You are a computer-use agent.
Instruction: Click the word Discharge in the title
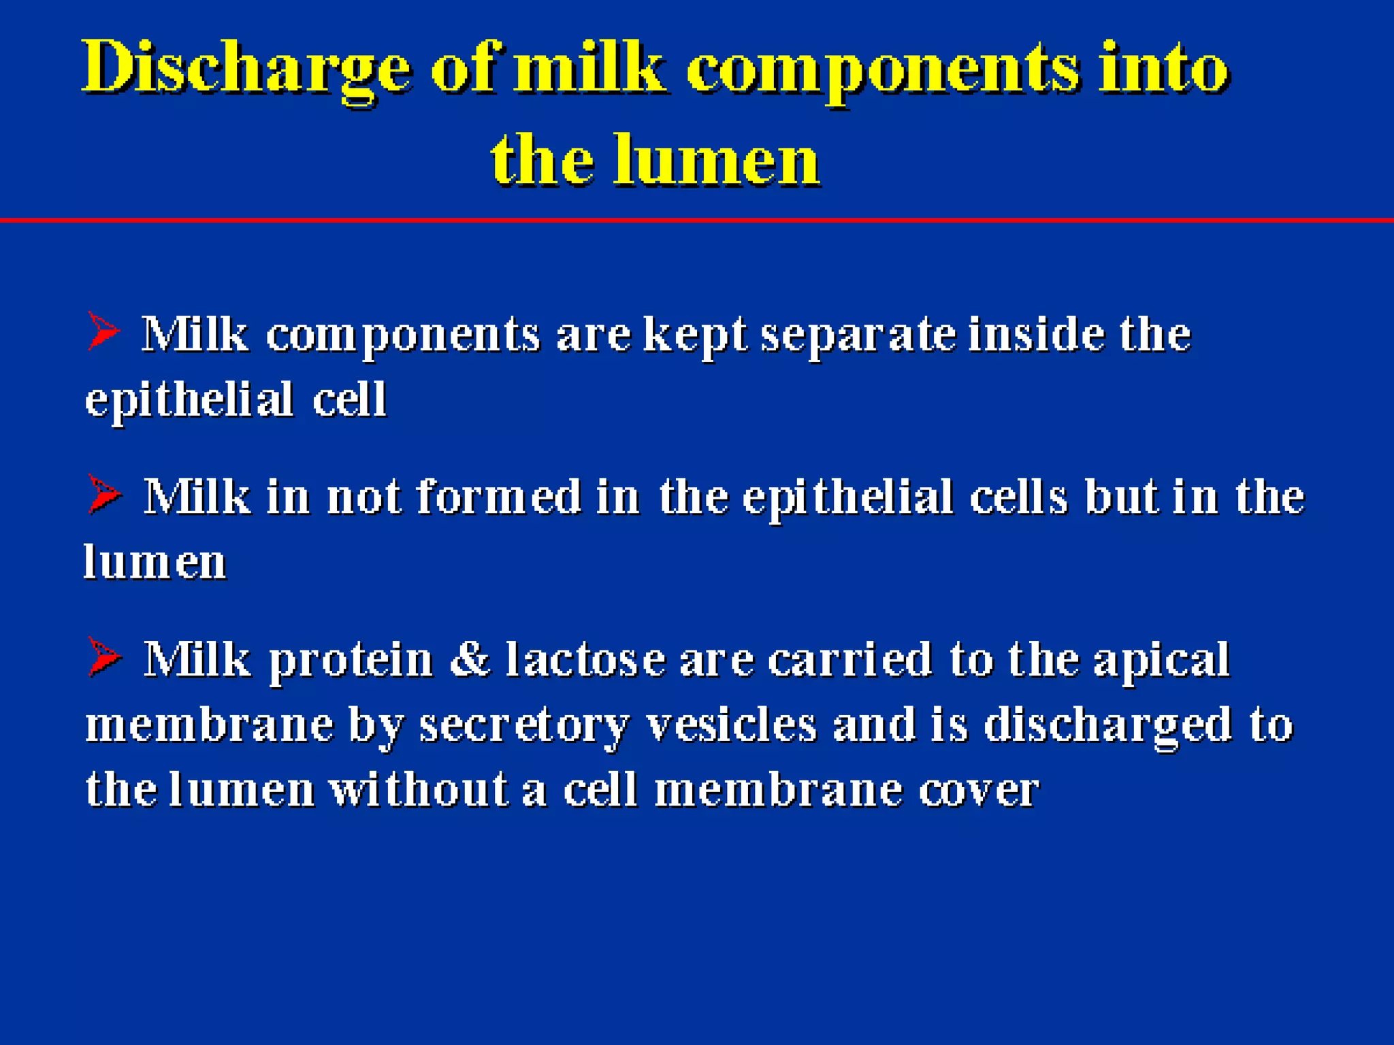click(246, 69)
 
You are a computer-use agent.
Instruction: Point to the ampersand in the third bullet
click(470, 659)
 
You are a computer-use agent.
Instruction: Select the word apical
click(1161, 660)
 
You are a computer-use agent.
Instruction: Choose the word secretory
click(523, 725)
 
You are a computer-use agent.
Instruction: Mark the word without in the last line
click(419, 789)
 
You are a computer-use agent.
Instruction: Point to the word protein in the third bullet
click(351, 660)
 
